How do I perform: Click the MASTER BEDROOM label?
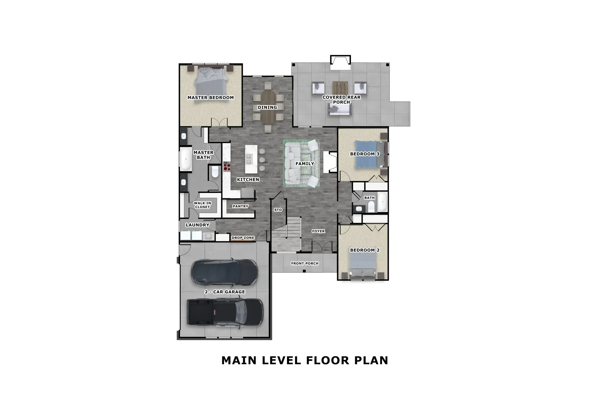pos(210,98)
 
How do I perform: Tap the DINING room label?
pos(267,107)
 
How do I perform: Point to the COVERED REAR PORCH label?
pos(341,99)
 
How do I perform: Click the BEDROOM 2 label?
pos(365,250)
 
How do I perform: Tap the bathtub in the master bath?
pos(186,159)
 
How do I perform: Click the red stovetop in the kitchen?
pos(227,167)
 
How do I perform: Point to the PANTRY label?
pos(240,206)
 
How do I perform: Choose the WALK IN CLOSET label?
pos(202,205)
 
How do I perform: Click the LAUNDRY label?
pos(197,225)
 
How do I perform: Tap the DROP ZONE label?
pos(243,238)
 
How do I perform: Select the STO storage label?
pos(278,210)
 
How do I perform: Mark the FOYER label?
pos(318,231)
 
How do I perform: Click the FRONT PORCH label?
pos(305,263)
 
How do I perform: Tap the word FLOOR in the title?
pos(330,360)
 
